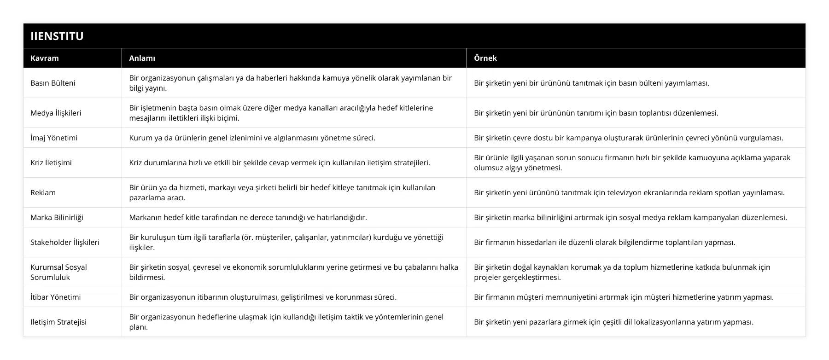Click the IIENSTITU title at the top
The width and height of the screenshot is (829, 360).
click(57, 36)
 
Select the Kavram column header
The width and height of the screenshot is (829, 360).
click(45, 58)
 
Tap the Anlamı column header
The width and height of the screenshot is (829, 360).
click(142, 58)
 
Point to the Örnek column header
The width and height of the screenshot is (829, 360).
click(485, 58)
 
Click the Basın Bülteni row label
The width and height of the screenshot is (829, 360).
click(53, 83)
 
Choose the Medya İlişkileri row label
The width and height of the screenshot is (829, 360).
click(56, 113)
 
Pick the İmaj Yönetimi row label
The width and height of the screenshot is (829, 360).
click(54, 138)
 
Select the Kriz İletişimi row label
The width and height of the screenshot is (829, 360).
click(51, 163)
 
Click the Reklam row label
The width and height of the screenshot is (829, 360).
click(43, 192)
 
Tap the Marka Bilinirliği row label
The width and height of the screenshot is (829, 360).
click(57, 217)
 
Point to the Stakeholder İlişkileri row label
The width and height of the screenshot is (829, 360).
click(65, 242)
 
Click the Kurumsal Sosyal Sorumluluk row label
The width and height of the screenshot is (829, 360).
click(58, 272)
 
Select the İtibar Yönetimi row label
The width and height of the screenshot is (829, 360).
click(55, 297)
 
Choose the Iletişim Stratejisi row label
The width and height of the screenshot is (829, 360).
click(58, 322)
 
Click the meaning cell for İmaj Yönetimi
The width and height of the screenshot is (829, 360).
click(252, 138)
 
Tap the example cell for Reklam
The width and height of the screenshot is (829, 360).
click(629, 192)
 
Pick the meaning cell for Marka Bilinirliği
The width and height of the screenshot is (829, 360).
click(248, 217)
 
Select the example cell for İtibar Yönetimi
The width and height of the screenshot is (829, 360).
click(624, 297)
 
